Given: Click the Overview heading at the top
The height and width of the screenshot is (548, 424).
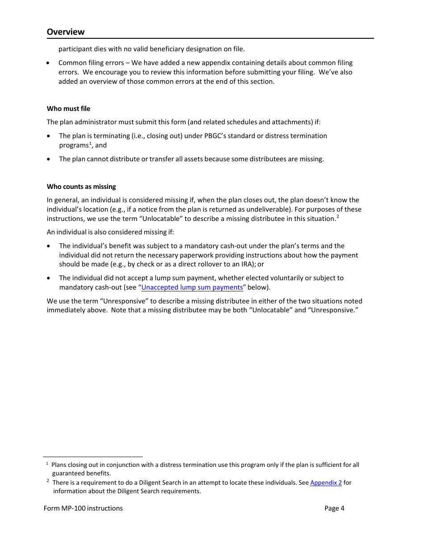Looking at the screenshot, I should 66,32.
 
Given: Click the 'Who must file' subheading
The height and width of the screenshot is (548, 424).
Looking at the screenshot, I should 68,109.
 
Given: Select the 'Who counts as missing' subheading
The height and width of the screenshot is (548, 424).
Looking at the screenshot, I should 81,187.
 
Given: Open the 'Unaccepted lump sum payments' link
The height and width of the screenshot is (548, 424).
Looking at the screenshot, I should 192,287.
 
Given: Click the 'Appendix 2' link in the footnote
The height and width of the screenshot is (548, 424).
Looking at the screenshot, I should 326,483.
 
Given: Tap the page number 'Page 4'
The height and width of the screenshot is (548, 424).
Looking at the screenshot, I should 334,508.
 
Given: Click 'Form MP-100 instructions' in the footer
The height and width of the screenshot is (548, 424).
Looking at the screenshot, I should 83,508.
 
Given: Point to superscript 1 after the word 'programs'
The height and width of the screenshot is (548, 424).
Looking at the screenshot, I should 90,143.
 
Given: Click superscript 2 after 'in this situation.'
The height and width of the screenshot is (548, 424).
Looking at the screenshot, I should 338,217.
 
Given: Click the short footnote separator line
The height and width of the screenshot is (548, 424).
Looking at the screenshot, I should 93,457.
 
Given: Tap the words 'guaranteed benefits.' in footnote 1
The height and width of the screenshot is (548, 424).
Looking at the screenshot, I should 81,474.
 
